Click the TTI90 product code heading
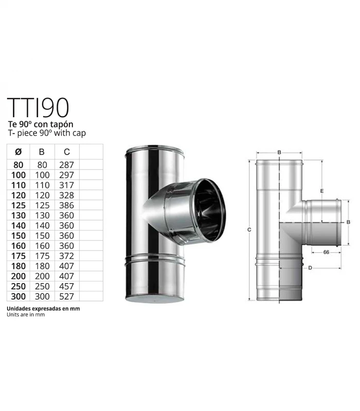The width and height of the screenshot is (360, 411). coord(38,107)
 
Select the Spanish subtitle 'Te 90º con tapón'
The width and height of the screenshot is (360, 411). coord(41,125)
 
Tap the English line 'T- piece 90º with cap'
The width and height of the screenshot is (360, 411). coord(46,133)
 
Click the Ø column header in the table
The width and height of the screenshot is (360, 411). coord(18,152)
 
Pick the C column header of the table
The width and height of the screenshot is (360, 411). coord(67,152)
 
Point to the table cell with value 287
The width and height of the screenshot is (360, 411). coord(67,165)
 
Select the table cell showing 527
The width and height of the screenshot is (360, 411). coord(67,296)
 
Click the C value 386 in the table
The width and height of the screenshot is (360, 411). coord(67,205)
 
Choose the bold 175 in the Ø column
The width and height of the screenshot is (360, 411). coord(18,256)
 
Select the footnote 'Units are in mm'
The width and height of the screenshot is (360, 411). coord(26,315)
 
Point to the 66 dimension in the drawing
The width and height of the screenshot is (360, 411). coord(326,252)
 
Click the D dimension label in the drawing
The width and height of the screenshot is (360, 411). coord(310,268)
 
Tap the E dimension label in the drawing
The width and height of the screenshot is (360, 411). coord(321,191)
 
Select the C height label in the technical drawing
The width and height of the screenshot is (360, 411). coord(248,230)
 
